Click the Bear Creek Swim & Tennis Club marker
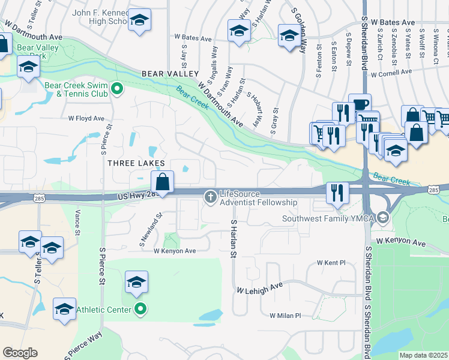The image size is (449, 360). (118, 89)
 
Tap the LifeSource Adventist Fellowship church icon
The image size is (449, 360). (211, 196)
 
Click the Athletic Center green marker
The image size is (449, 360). (140, 310)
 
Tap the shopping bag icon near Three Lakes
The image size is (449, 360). (163, 181)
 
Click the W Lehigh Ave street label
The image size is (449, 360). (259, 289)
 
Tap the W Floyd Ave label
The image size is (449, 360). (86, 119)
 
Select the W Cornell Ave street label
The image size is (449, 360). (391, 73)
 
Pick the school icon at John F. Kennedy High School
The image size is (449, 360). (139, 22)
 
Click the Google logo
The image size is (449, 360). (20, 353)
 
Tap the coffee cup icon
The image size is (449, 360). (360, 104)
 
